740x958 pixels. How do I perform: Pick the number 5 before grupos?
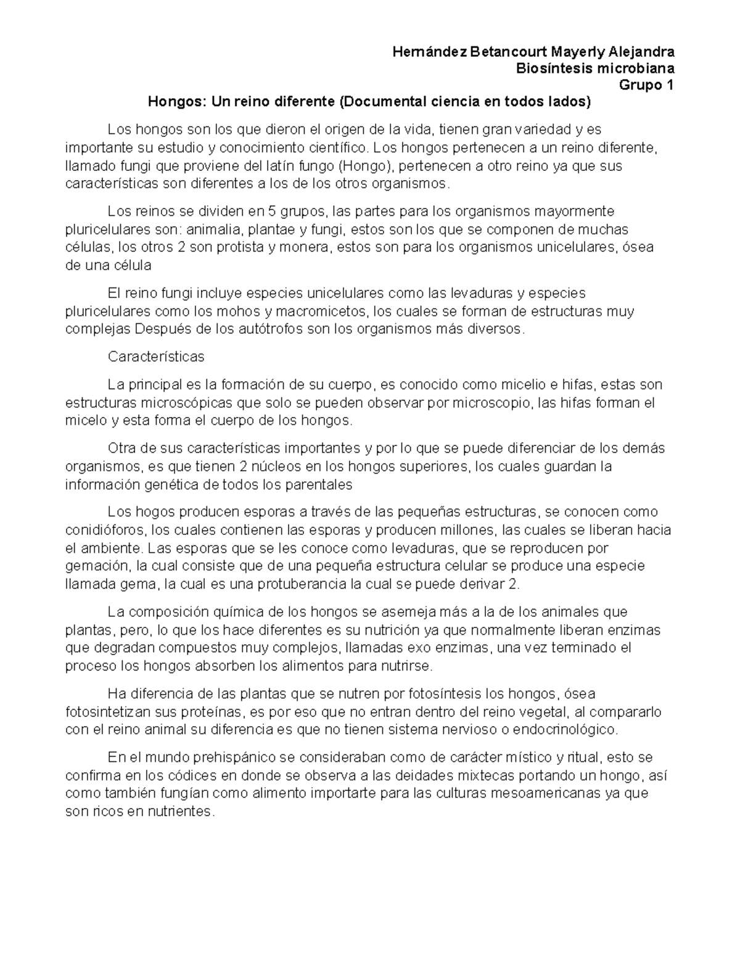click(x=273, y=212)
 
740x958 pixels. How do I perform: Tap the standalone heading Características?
click(x=155, y=357)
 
